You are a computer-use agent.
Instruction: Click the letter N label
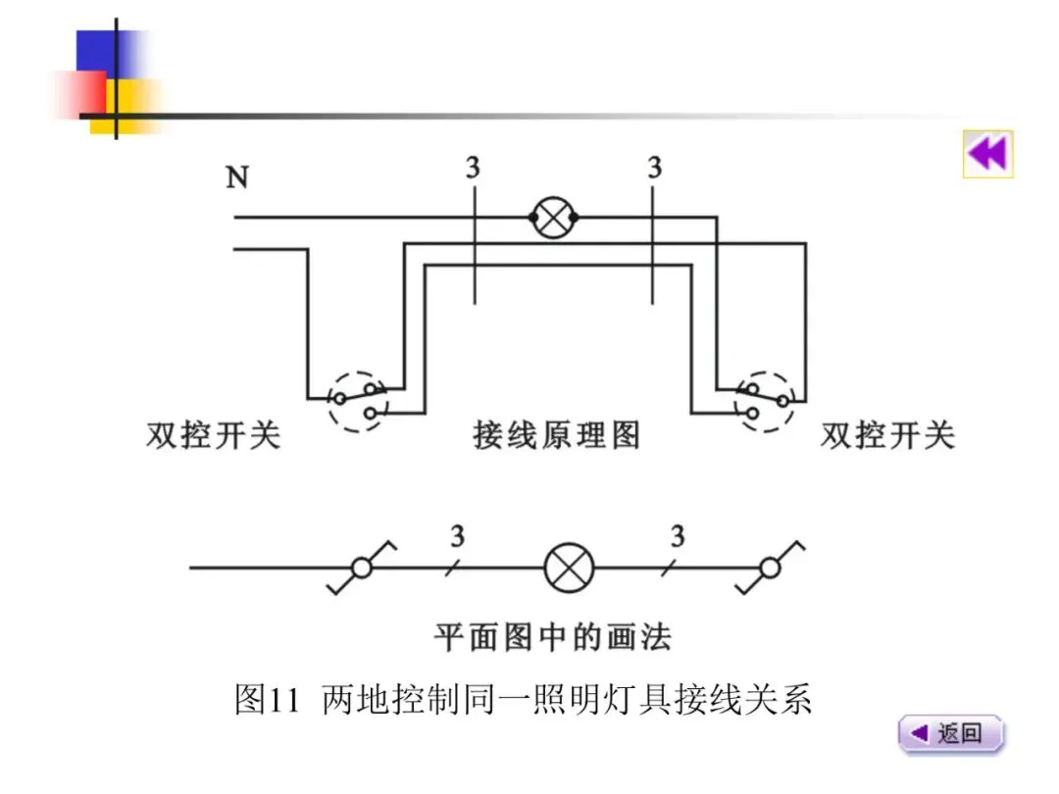coord(237,177)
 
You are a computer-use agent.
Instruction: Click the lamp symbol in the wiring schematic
coord(554,218)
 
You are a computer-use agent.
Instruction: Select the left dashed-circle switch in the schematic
coord(357,401)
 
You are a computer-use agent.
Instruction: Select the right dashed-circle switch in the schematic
coord(766,401)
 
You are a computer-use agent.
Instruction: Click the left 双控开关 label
coord(214,434)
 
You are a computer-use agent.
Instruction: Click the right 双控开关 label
coord(887,434)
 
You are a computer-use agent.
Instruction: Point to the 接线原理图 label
coord(556,434)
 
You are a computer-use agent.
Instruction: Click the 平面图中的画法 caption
coord(553,637)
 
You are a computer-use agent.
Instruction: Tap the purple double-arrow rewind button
coord(987,154)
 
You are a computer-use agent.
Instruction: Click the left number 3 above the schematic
coord(474,169)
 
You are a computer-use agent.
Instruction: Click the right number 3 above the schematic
coord(654,169)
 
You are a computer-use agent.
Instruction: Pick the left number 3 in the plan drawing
coord(458,536)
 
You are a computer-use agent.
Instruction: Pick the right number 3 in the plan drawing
coord(678,536)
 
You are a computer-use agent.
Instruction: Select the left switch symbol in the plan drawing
coord(361,568)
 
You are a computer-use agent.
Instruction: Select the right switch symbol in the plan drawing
coord(771,568)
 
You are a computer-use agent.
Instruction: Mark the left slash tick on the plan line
coord(449,568)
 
